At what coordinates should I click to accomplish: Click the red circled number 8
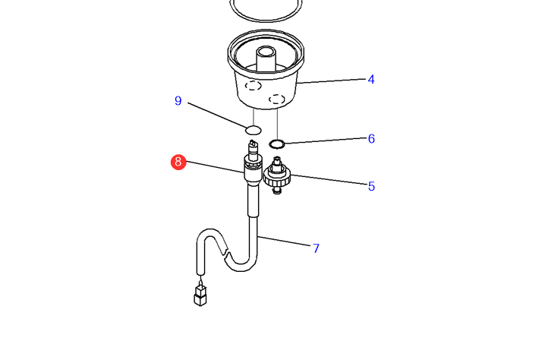click(x=178, y=162)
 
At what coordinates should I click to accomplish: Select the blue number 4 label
click(x=371, y=80)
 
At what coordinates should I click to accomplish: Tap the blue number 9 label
click(x=178, y=101)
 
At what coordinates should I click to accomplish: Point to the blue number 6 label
click(x=371, y=139)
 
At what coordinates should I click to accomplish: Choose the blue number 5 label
click(x=371, y=186)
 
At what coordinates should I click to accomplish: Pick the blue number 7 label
click(x=316, y=248)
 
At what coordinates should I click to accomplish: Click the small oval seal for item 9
click(x=254, y=130)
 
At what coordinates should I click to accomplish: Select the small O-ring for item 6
click(x=277, y=144)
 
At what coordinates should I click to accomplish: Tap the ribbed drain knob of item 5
click(x=277, y=176)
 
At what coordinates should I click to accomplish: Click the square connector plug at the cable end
click(x=200, y=295)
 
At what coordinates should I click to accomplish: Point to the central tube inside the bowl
click(x=266, y=59)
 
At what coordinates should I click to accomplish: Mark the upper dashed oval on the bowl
click(x=253, y=85)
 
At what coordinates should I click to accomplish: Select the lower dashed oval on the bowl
click(x=276, y=99)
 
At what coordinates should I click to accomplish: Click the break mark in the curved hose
click(x=226, y=251)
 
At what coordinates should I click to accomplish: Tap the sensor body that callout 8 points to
click(x=252, y=170)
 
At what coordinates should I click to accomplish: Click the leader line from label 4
click(x=331, y=81)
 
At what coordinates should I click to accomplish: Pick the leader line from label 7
click(x=284, y=241)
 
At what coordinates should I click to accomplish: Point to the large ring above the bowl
click(x=266, y=11)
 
